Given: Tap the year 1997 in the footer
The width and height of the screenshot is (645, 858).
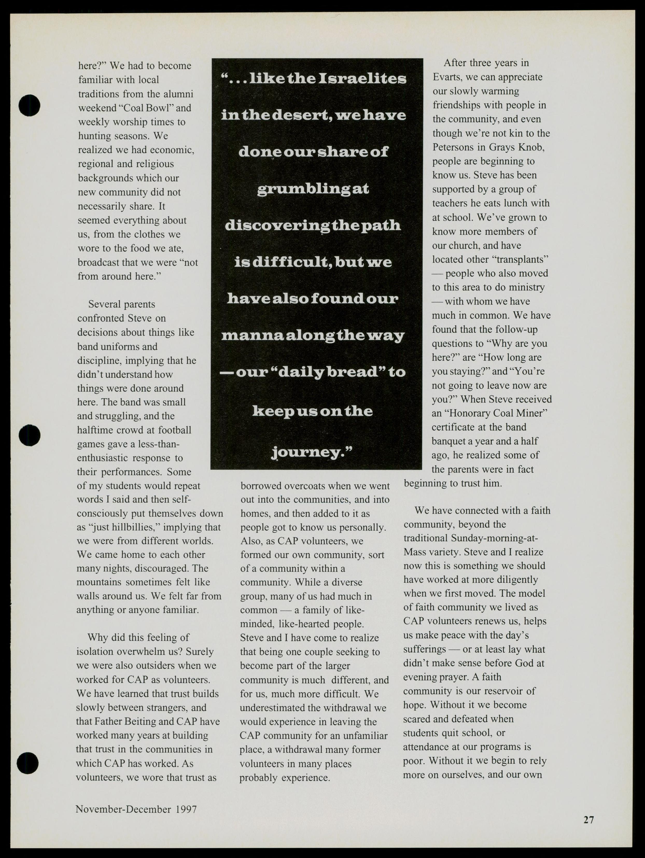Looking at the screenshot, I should coord(186,809).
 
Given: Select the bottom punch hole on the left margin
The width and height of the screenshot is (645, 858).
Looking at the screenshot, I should coord(28,763).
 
